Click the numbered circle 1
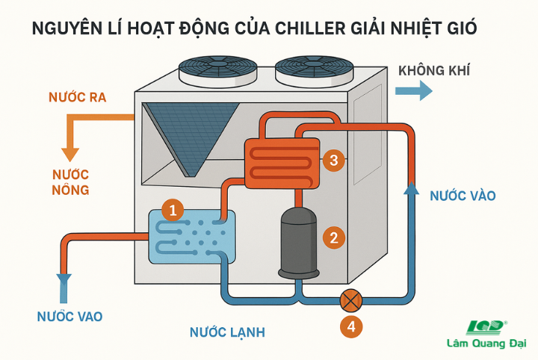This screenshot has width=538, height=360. pyautogui.click(x=173, y=211)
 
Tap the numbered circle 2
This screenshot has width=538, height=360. pyautogui.click(x=333, y=238)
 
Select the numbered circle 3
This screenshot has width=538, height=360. pyautogui.click(x=334, y=159)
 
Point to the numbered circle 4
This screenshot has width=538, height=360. pyautogui.click(x=350, y=326)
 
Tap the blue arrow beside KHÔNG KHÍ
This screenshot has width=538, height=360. pyautogui.click(x=413, y=90)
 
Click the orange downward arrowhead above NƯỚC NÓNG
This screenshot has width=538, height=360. pyautogui.click(x=70, y=154)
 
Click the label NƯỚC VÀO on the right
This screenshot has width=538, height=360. pyautogui.click(x=463, y=196)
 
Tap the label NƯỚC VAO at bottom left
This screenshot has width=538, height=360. pyautogui.click(x=69, y=317)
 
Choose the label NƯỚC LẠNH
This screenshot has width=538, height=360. pyautogui.click(x=227, y=332)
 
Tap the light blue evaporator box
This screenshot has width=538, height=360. pyautogui.click(x=192, y=236)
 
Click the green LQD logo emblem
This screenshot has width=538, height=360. pyautogui.click(x=486, y=327)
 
